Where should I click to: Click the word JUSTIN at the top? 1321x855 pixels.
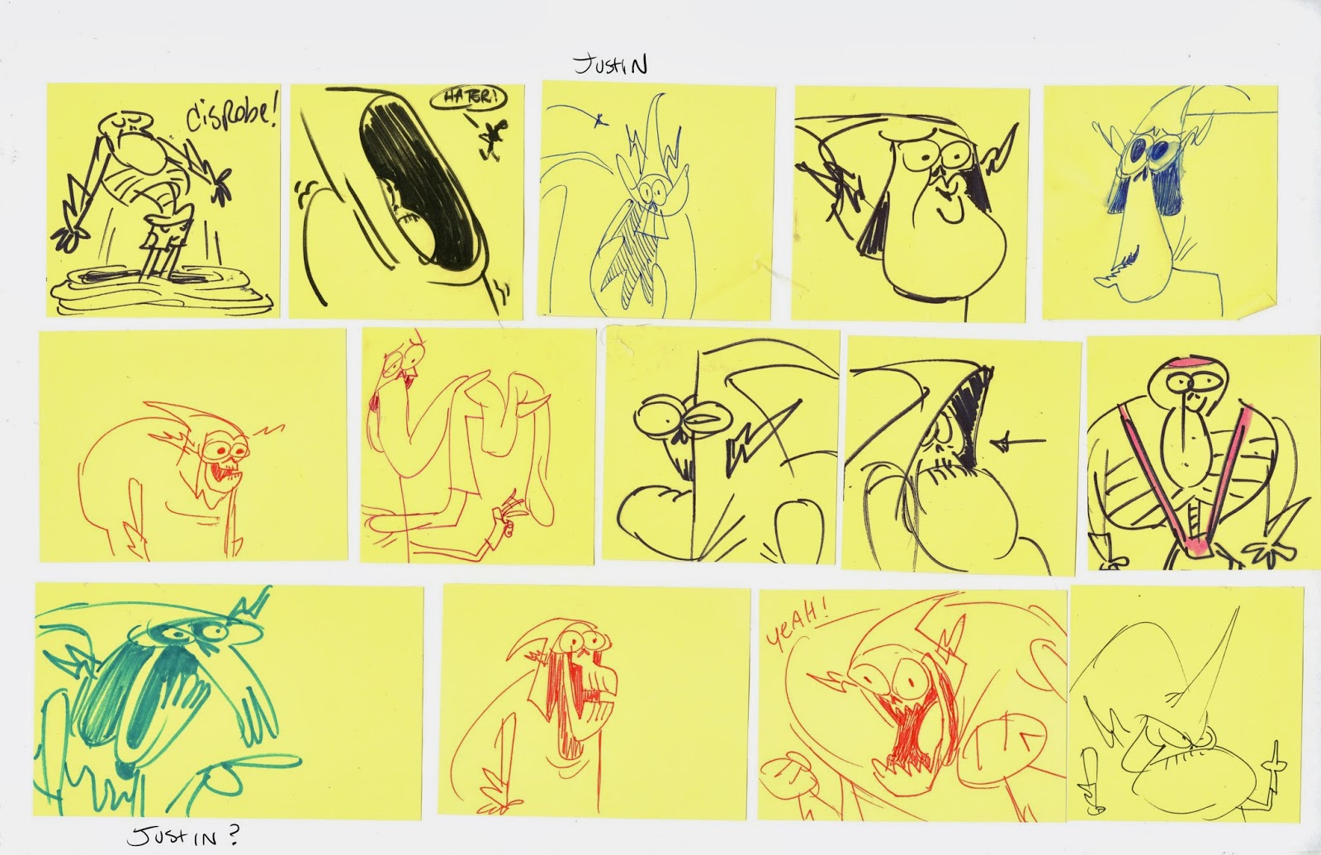pyautogui.click(x=610, y=65)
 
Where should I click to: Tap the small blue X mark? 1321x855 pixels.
pyautogui.click(x=599, y=121)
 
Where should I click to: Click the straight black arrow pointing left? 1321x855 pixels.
pyautogui.click(x=1019, y=441)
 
